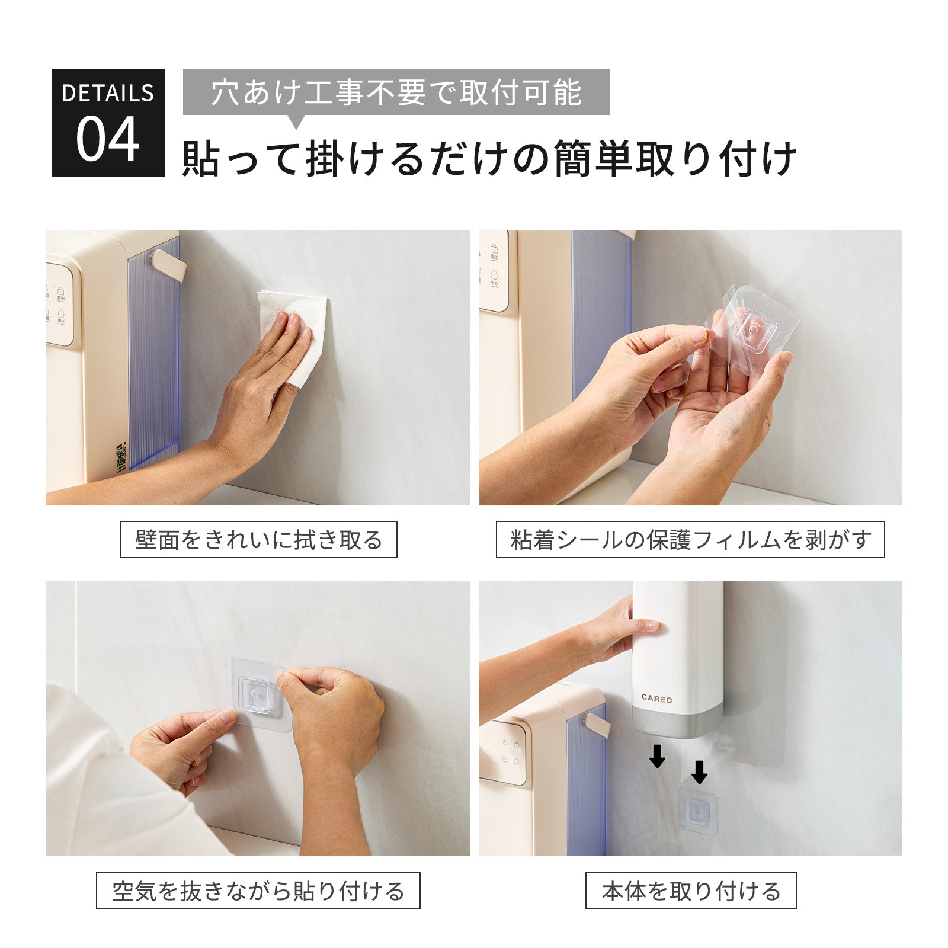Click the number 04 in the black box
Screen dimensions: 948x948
[108, 140]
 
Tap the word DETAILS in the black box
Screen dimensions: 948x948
[108, 93]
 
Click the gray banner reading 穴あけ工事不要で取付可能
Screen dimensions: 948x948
[396, 92]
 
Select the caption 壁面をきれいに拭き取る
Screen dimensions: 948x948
[258, 539]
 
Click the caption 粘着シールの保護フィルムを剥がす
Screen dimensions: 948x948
[690, 539]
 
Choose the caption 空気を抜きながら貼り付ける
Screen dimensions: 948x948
[258, 891]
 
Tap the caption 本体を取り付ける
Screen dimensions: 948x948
[691, 891]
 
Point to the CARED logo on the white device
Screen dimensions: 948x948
[656, 699]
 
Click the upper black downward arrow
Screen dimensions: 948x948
[656, 756]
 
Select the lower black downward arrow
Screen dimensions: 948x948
[699, 771]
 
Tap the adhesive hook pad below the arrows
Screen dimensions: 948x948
[697, 809]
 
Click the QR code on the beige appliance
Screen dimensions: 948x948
[121, 456]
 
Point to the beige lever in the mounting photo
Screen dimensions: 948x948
[597, 725]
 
